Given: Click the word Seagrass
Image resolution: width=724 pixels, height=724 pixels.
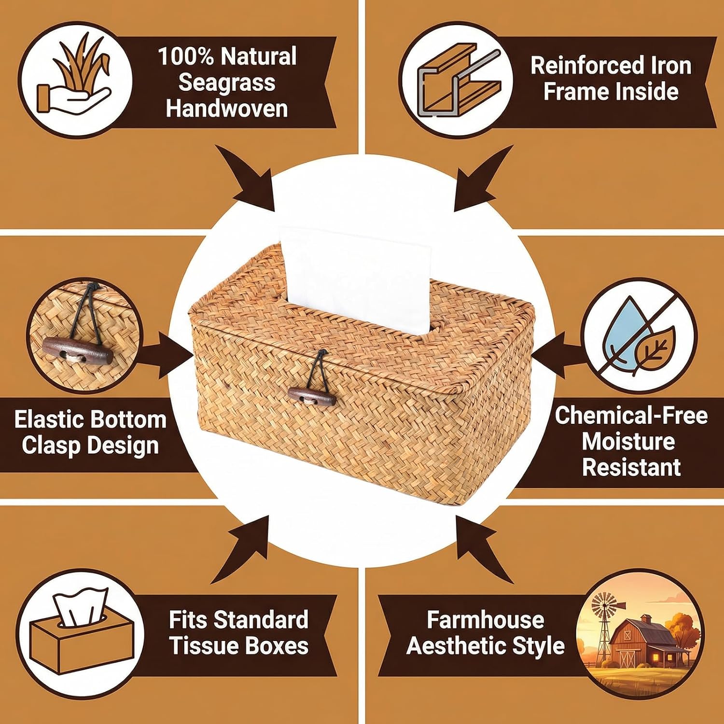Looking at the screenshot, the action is click(227, 83).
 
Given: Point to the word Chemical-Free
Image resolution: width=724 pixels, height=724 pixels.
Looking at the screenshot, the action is click(631, 415).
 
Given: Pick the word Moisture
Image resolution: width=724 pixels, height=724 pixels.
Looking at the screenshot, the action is click(628, 441).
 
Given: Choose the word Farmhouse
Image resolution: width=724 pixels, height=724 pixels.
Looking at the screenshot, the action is click(485, 619).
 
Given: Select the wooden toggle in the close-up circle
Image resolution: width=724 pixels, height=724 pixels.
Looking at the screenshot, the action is click(77, 349).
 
